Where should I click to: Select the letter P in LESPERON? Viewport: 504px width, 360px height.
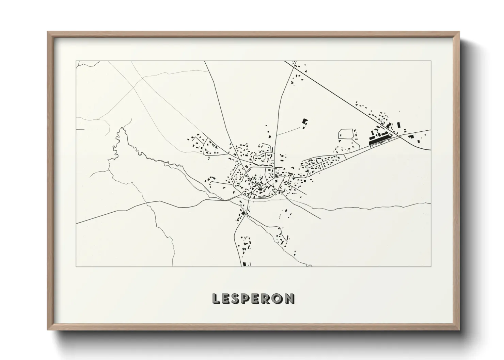pyautogui.click(x=249, y=299)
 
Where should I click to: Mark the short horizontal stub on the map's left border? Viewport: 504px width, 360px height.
pyautogui.click(x=80, y=129)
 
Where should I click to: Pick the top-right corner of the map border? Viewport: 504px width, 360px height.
pyautogui.click(x=431, y=61)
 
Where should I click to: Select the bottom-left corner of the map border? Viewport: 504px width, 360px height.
pyautogui.click(x=76, y=266)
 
